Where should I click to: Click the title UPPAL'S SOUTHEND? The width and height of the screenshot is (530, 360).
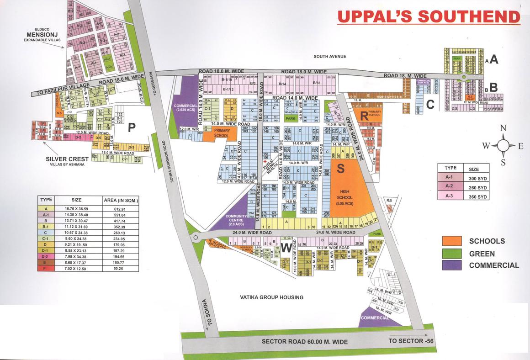pyautogui.click(x=429, y=16)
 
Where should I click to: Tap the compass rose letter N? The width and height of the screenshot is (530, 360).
pyautogui.click(x=503, y=128)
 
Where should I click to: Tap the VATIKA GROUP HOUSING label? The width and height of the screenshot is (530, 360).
pyautogui.click(x=271, y=297)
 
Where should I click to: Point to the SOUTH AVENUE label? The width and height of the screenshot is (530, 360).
pyautogui.click(x=330, y=56)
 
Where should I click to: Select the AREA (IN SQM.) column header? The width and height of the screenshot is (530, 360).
pyautogui.click(x=121, y=200)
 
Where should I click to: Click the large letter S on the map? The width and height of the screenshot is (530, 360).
pyautogui.click(x=340, y=169)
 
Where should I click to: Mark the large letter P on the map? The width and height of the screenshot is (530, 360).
pyautogui.click(x=132, y=128)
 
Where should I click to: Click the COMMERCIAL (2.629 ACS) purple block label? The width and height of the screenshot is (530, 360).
pyautogui.click(x=184, y=108)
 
